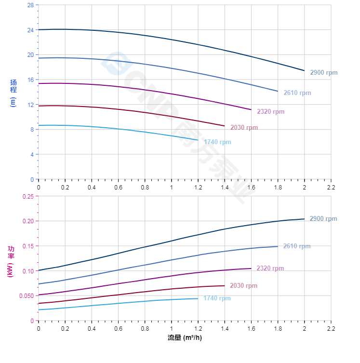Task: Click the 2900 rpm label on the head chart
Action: coord(324,73)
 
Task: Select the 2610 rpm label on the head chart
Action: coord(297,93)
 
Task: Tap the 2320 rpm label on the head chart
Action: coord(270,112)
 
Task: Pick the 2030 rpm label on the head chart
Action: coord(244,128)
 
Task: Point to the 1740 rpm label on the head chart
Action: coord(217,142)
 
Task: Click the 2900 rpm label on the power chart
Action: coord(323,219)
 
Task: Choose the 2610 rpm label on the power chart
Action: coord(297,246)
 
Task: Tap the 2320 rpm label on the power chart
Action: coord(270,269)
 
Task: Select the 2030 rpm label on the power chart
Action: coord(243,286)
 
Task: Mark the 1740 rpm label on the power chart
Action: coord(217,298)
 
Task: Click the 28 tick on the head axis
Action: coord(30,5)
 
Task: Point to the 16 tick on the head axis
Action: coord(30,80)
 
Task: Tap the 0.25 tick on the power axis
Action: coord(28,196)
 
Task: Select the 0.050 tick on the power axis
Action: coord(27,296)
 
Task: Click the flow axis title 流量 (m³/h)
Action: coord(185,337)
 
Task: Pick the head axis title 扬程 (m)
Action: coord(13,93)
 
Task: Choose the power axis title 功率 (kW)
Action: coord(11,261)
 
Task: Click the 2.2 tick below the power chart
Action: coord(331,328)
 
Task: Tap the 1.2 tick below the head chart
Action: coord(198,187)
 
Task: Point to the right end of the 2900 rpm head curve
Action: coord(304,70)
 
